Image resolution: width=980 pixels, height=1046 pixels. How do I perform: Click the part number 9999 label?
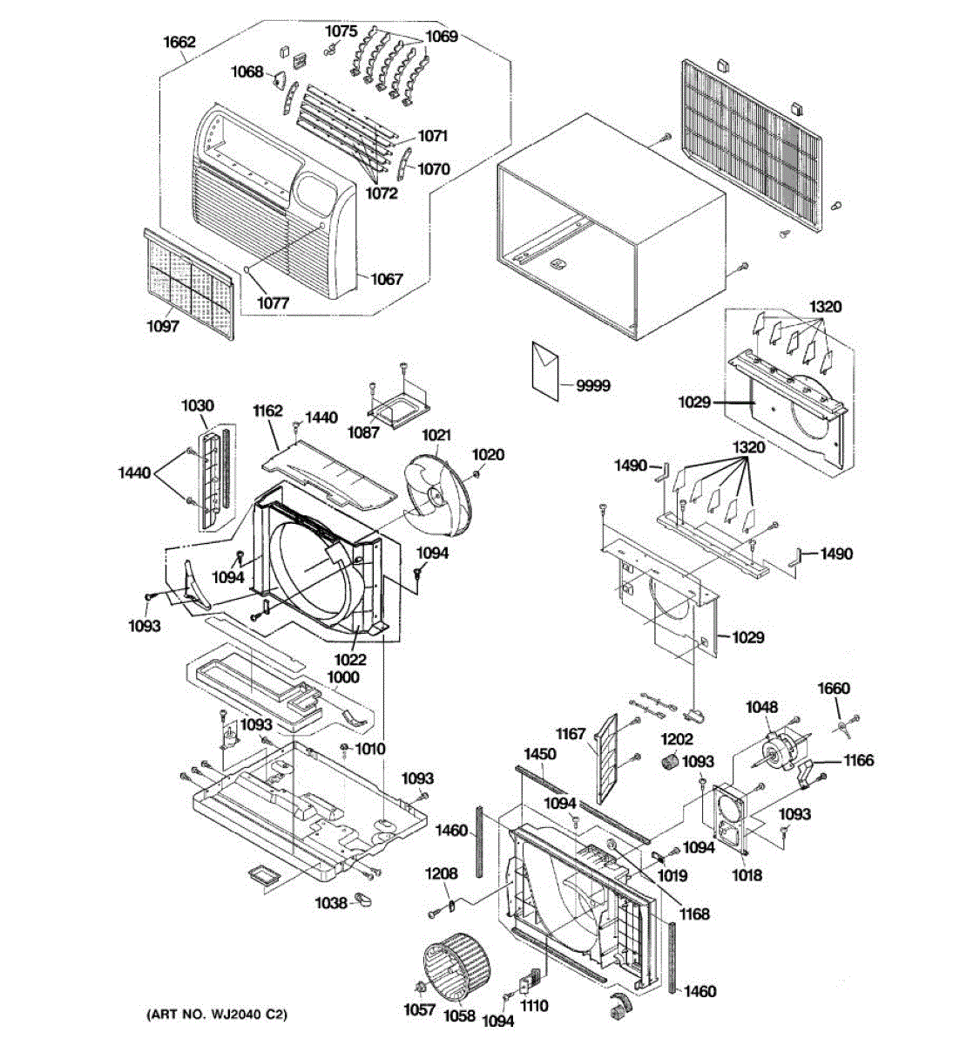coord(592,386)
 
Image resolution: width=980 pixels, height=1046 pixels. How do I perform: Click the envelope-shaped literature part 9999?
coord(544,370)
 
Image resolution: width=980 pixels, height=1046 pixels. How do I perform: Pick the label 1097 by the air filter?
coord(162,326)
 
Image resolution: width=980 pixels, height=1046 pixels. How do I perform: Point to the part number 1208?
coord(442,873)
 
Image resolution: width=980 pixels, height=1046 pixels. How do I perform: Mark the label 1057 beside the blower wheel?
coord(419,1009)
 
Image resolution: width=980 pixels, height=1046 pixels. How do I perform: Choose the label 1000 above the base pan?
coord(343,677)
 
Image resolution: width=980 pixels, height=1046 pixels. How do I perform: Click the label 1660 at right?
coord(834,689)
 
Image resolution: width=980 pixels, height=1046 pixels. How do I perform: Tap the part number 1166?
coord(859,760)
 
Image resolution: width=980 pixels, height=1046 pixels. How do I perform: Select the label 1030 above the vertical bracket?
coord(198,405)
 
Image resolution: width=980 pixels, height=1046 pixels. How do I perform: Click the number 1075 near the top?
coord(341,31)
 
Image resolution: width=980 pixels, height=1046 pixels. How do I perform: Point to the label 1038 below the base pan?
coord(332,903)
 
